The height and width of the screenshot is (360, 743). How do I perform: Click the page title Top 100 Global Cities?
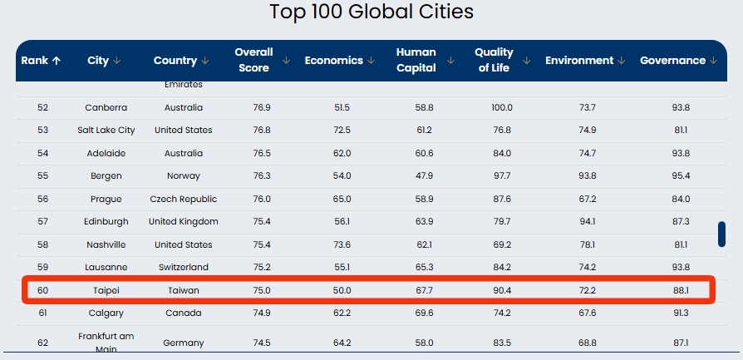(x=371, y=12)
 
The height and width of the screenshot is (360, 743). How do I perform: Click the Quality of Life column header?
(x=494, y=60)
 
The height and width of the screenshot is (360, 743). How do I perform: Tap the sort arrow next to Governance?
(x=712, y=61)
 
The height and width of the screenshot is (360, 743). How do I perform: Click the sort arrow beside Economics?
(x=370, y=61)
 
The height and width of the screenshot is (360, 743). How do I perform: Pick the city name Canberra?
(x=106, y=108)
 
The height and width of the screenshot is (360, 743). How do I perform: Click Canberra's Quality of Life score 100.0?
(x=502, y=108)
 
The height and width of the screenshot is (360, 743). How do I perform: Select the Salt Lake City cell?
(x=106, y=131)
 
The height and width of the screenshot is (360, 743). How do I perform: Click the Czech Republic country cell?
(x=184, y=200)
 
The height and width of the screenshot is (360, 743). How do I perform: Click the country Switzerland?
(x=184, y=268)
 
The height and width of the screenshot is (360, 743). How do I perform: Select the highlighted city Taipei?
(x=106, y=290)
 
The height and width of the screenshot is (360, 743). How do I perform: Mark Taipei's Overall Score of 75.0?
(x=262, y=290)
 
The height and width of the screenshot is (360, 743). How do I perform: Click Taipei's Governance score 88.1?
(x=681, y=290)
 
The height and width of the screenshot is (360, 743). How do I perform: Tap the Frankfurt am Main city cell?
(x=106, y=343)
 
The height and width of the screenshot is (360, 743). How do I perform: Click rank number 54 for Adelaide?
(x=43, y=154)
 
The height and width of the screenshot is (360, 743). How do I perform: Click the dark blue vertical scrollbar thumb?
(x=721, y=234)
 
